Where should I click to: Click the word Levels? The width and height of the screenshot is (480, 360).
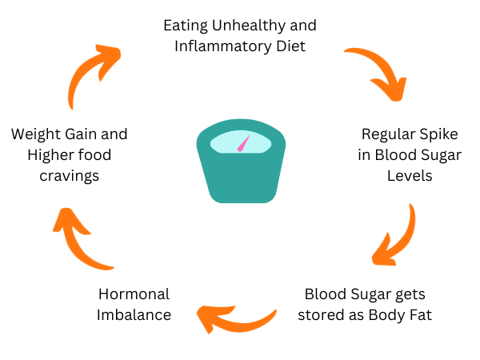tap(409, 175)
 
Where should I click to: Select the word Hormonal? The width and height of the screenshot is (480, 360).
tap(134, 294)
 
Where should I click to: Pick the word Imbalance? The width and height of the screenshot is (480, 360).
tap(134, 314)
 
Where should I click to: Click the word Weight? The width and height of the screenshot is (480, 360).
tap(37, 134)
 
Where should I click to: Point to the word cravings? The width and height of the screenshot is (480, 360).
tap(69, 175)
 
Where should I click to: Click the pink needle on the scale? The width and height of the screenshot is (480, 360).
tap(244, 145)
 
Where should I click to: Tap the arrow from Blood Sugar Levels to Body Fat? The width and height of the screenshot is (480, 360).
tap(397, 238)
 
